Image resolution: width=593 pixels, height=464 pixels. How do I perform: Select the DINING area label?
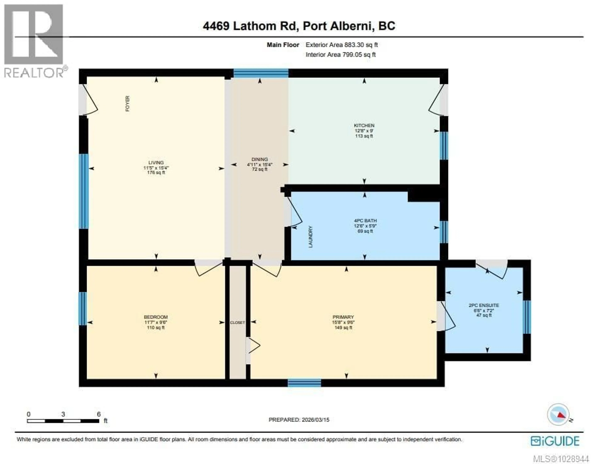tap(259, 159)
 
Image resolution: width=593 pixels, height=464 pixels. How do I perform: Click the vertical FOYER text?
tap(127, 104)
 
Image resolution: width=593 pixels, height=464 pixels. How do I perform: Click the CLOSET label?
tap(237, 323)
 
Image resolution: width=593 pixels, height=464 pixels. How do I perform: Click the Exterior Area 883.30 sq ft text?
tap(341, 45)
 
